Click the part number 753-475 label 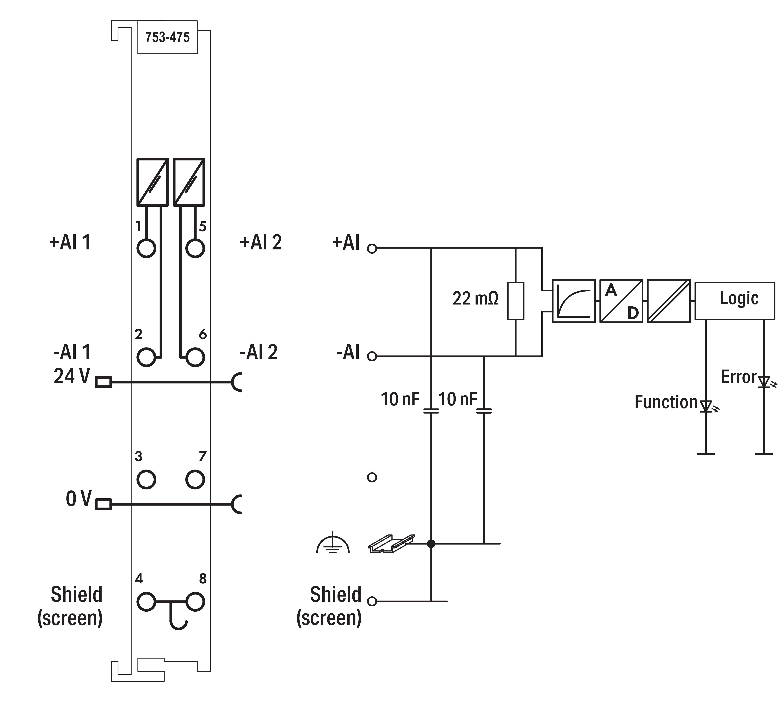point(167,37)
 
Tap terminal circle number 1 point(146,248)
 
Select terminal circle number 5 point(195,248)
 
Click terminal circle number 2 point(146,357)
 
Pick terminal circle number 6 point(195,357)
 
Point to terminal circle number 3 point(146,479)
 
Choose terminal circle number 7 point(195,479)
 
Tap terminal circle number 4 point(146,601)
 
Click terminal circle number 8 point(195,601)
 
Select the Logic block point(734,301)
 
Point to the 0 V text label point(78,499)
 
